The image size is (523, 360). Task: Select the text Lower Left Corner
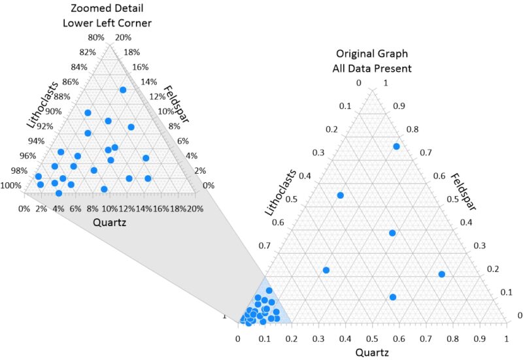107,23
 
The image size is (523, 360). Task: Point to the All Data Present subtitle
373,68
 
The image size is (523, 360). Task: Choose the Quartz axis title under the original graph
372,353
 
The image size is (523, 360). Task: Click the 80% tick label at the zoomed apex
96,37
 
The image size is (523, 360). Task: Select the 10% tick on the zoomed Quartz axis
110,208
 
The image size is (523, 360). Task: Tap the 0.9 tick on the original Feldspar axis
399,106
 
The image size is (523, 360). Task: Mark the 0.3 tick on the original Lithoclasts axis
318,153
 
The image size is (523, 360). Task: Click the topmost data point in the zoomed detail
123,90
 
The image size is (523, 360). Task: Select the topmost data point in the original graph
396,146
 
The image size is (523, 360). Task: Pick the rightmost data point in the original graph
441,274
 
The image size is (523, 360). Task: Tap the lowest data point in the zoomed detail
59,193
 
